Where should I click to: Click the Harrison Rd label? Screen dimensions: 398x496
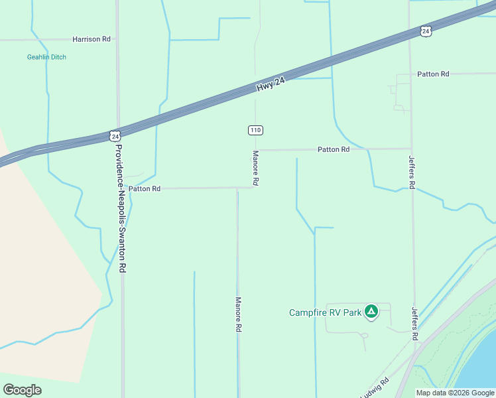92,39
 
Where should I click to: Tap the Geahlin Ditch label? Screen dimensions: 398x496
46,57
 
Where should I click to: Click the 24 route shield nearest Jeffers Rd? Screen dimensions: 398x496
426,31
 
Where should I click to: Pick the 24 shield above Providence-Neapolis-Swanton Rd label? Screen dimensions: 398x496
116,136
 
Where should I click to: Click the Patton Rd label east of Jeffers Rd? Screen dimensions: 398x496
434,74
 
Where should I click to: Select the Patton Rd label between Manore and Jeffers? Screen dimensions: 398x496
333,150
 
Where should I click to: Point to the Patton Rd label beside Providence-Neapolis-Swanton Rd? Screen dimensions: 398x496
145,188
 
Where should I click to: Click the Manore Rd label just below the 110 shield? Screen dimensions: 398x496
255,168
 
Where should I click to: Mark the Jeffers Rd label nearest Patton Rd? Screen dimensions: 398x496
412,172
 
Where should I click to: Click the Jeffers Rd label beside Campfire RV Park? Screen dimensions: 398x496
415,324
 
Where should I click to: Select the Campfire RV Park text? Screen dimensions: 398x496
325,312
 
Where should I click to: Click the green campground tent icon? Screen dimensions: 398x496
371,311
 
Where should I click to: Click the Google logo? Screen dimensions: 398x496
22,389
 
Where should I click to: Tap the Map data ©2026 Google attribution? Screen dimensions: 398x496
455,393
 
